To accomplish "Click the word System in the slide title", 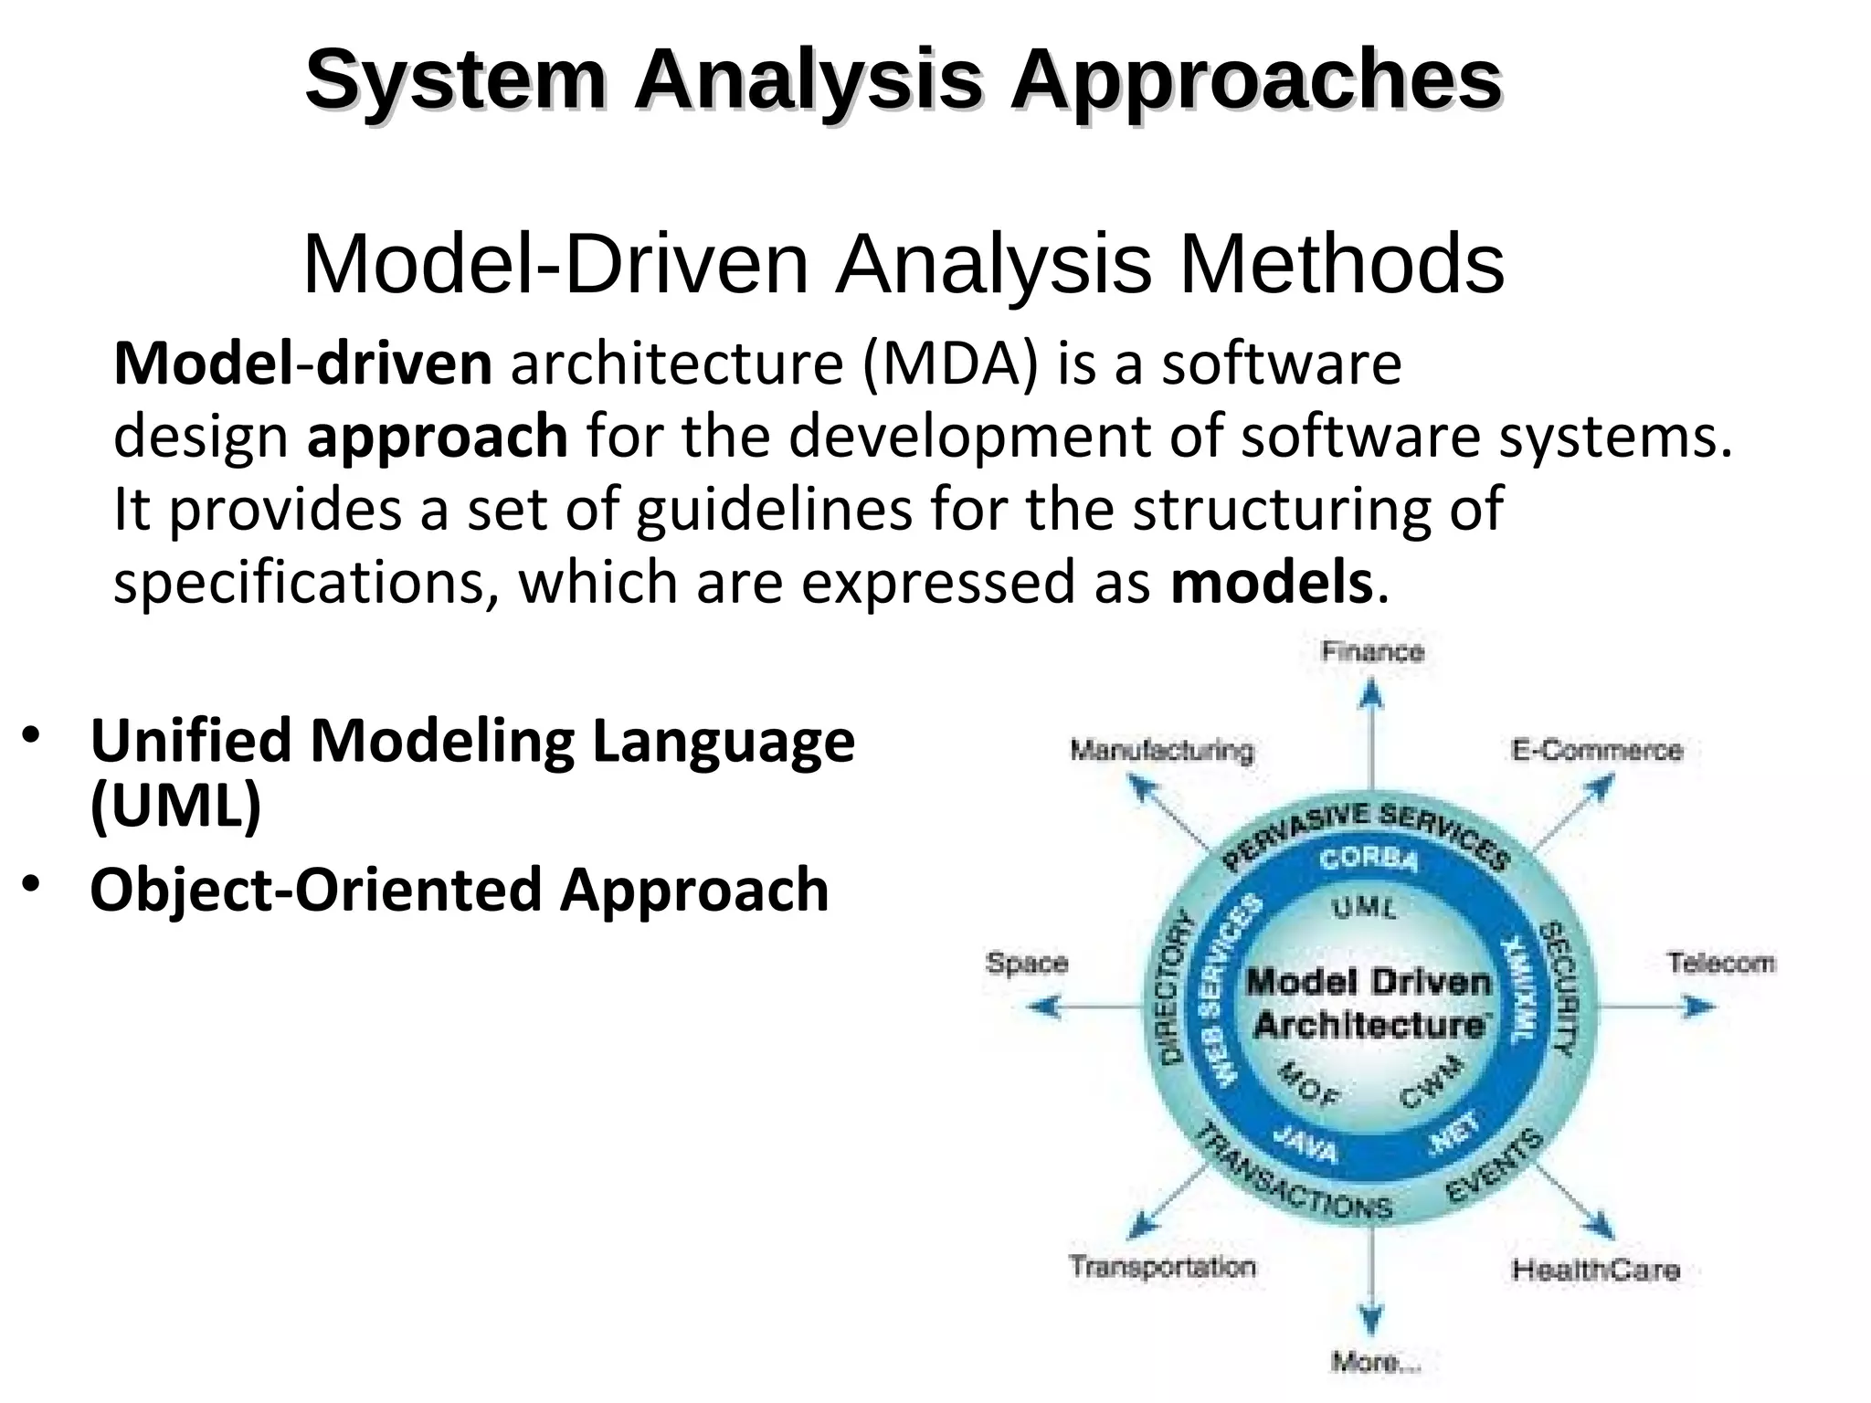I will pyautogui.click(x=455, y=80).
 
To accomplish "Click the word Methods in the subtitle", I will pyautogui.click(x=1341, y=265).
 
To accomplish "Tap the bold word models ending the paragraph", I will pyautogui.click(x=1271, y=583).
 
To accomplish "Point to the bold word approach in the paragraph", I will pyautogui.click(x=437, y=437).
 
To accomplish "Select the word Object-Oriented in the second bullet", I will pyautogui.click(x=316, y=890).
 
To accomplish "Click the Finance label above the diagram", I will pyautogui.click(x=1372, y=652).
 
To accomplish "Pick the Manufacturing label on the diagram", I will pyautogui.click(x=1162, y=752).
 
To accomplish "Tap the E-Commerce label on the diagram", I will pyautogui.click(x=1596, y=751).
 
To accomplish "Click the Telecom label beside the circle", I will pyautogui.click(x=1720, y=963).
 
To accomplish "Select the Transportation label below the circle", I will pyautogui.click(x=1162, y=1267).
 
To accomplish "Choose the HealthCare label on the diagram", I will pyautogui.click(x=1595, y=1270).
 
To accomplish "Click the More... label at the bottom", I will pyautogui.click(x=1375, y=1363).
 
